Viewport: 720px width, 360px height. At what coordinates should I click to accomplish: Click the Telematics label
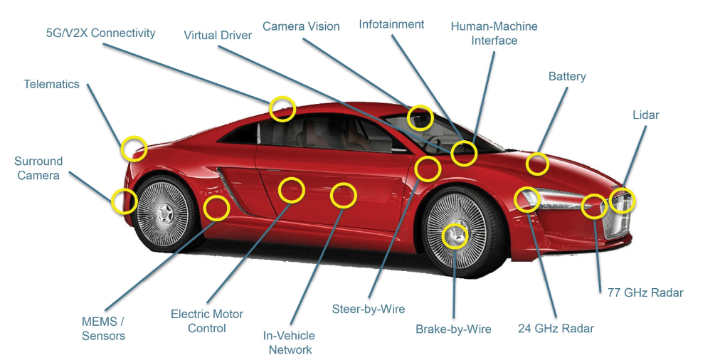[51, 84]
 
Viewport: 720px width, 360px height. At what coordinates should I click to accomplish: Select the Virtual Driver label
[217, 35]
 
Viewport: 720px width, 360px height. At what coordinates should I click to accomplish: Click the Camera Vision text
[301, 26]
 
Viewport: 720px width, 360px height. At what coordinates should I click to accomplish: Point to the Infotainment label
[391, 24]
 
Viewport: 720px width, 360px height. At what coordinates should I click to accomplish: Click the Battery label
[567, 76]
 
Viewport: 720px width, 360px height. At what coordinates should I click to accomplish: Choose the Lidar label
[645, 115]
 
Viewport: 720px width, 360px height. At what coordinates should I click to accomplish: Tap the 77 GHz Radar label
[645, 292]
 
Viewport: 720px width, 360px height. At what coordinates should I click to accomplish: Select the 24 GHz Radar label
[556, 328]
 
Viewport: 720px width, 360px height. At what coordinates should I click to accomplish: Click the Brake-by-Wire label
[453, 329]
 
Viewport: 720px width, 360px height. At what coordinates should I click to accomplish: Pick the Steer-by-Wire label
[369, 309]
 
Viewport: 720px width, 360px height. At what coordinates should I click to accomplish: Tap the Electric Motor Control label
[207, 321]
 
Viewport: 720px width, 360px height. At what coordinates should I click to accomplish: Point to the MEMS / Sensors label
[103, 329]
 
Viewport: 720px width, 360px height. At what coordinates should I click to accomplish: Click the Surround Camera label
[38, 168]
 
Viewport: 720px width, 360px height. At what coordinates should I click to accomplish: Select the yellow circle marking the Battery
[537, 164]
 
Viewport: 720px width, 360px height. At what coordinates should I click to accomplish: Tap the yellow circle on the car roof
[282, 109]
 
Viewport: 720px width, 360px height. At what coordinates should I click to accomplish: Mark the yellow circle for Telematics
[133, 149]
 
